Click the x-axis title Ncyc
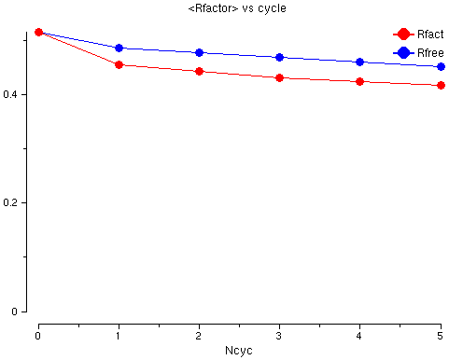238,351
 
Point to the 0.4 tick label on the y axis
12,94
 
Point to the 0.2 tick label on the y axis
12,203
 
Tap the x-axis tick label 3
279,334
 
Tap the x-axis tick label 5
440,334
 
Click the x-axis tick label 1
119,334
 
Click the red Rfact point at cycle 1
119,64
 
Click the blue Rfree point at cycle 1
119,48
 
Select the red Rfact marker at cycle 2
199,71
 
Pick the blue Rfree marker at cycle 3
279,57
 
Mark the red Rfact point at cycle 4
359,81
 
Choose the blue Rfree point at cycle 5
440,66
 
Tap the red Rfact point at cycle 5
440,86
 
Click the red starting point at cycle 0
38,32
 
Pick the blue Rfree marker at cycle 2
199,52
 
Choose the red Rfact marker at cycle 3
279,77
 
